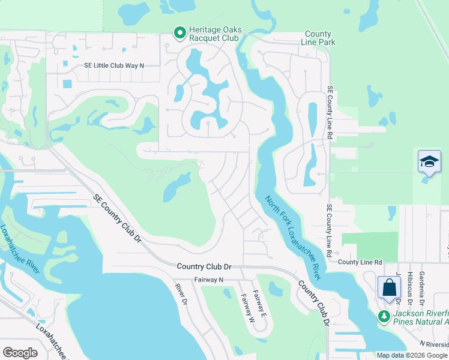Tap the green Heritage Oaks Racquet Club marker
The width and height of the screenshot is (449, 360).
179,34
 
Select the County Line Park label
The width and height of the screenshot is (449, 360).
319,38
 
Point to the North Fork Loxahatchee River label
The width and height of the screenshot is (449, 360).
292,236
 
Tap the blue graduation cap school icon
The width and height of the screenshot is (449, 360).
429,162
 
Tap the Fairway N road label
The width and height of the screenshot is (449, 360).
208,280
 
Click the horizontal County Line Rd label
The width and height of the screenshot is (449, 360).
360,262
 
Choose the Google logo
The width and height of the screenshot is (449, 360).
20,353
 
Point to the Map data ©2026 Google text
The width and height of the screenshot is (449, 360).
412,355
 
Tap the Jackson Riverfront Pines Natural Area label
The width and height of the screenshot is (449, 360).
420,318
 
